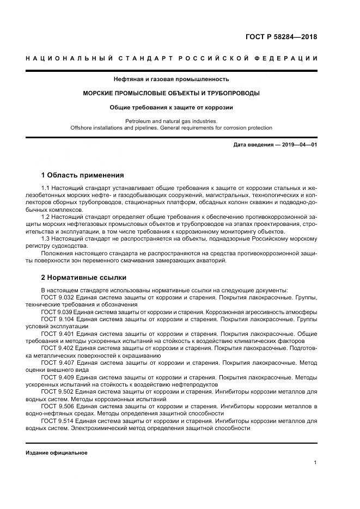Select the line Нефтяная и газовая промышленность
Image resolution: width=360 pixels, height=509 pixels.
(171, 79)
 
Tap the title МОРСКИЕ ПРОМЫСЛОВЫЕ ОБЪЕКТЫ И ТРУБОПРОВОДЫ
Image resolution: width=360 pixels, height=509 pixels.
(171, 94)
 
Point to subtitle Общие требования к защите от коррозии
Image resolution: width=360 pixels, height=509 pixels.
(171, 108)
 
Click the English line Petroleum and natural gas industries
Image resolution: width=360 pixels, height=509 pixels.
(171, 121)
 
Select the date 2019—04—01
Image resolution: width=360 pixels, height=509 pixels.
(299, 145)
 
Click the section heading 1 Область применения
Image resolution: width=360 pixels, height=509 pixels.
(83, 175)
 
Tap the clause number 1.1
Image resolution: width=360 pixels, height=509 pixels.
(46, 188)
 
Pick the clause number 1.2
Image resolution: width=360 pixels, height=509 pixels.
(46, 217)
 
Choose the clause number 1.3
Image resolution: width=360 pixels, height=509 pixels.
(46, 238)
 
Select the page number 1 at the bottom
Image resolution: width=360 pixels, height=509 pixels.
(315, 462)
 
